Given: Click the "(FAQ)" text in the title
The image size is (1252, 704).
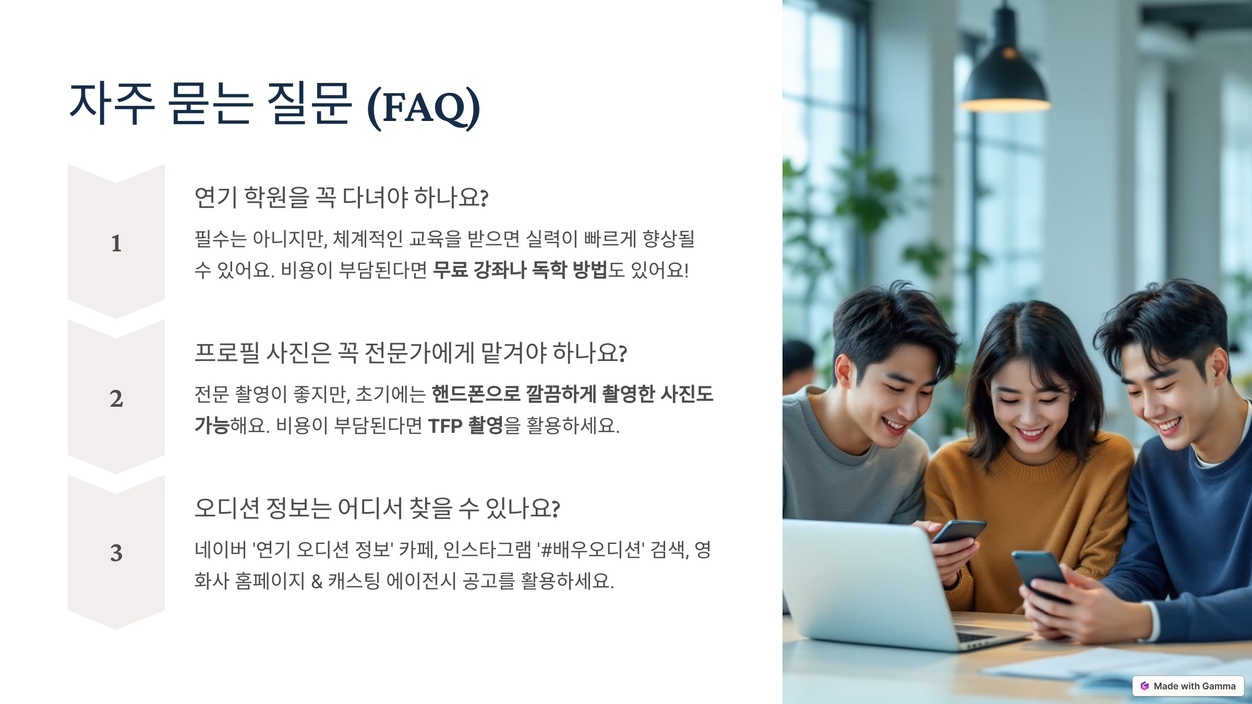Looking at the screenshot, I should (424, 107).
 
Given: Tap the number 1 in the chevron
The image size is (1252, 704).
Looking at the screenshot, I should (116, 244).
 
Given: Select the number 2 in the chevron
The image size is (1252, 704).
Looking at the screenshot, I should (116, 399).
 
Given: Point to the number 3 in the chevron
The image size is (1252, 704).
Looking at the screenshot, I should (116, 553).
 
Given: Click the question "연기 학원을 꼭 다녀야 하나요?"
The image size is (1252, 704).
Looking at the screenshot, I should (341, 198).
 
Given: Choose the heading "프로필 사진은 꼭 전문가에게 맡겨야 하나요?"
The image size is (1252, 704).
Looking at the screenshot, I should (411, 353).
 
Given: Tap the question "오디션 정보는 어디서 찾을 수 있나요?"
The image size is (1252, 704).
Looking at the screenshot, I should (377, 508).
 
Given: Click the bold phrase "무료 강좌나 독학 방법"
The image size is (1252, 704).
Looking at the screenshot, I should (520, 270).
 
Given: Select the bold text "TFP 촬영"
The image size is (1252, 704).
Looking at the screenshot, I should (465, 426).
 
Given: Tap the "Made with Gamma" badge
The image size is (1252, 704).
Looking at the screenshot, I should (1188, 686).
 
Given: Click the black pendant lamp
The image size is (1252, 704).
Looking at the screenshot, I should (1004, 68).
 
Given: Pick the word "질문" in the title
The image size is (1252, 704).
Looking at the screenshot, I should (309, 104).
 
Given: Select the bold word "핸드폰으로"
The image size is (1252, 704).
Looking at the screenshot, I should (476, 394).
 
